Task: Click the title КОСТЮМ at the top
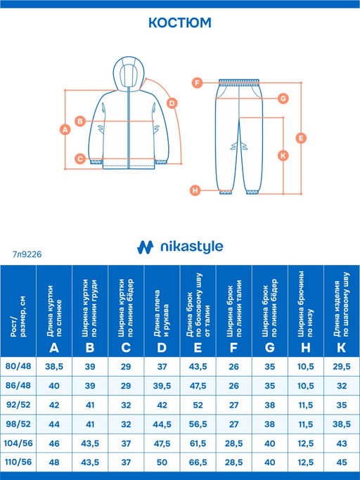[180, 23]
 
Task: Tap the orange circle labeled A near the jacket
[65, 129]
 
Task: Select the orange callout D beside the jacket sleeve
[172, 103]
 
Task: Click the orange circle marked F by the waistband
[198, 83]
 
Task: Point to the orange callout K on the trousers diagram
[283, 155]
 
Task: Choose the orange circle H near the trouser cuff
[195, 190]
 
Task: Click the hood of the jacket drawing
[129, 74]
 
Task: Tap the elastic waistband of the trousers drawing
[239, 82]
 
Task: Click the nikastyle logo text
[192, 247]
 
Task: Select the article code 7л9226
[27, 254]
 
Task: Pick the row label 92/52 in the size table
[18, 405]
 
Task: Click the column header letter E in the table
[198, 348]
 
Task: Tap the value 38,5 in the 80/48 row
[54, 366]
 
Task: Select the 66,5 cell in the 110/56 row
[198, 462]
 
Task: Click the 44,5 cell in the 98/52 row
[162, 424]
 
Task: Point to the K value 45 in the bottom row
[342, 462]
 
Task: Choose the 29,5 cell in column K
[342, 366]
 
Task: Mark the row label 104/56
[18, 443]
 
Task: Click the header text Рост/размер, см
[18, 316]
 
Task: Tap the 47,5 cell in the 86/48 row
[198, 386]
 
